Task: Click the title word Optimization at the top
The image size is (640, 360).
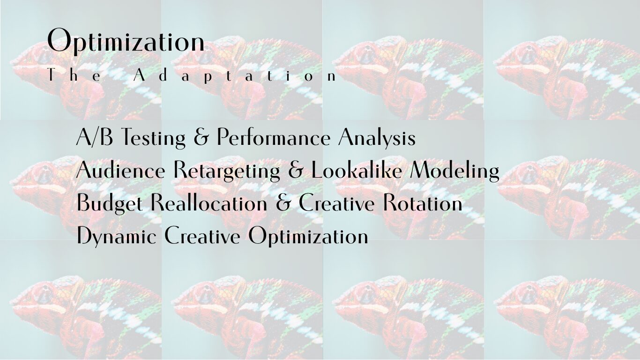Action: click(126, 41)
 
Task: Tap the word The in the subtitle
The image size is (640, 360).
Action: click(74, 75)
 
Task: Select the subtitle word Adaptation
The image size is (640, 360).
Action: click(235, 76)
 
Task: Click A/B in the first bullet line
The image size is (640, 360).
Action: click(95, 137)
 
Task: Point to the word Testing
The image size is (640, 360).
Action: click(153, 138)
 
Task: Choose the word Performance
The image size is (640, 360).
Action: click(274, 137)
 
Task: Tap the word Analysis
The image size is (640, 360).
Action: click(377, 138)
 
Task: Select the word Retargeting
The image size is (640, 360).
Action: click(227, 171)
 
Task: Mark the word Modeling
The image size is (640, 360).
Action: click(454, 171)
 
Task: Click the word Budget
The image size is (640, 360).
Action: click(110, 203)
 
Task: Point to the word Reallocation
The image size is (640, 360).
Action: click(209, 202)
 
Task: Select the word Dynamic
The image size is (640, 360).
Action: click(117, 236)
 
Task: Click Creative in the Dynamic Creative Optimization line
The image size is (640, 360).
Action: click(202, 235)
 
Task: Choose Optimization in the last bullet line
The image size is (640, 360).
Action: click(308, 236)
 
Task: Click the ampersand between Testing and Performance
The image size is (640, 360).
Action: click(201, 137)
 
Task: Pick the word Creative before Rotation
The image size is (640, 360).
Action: click(336, 202)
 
